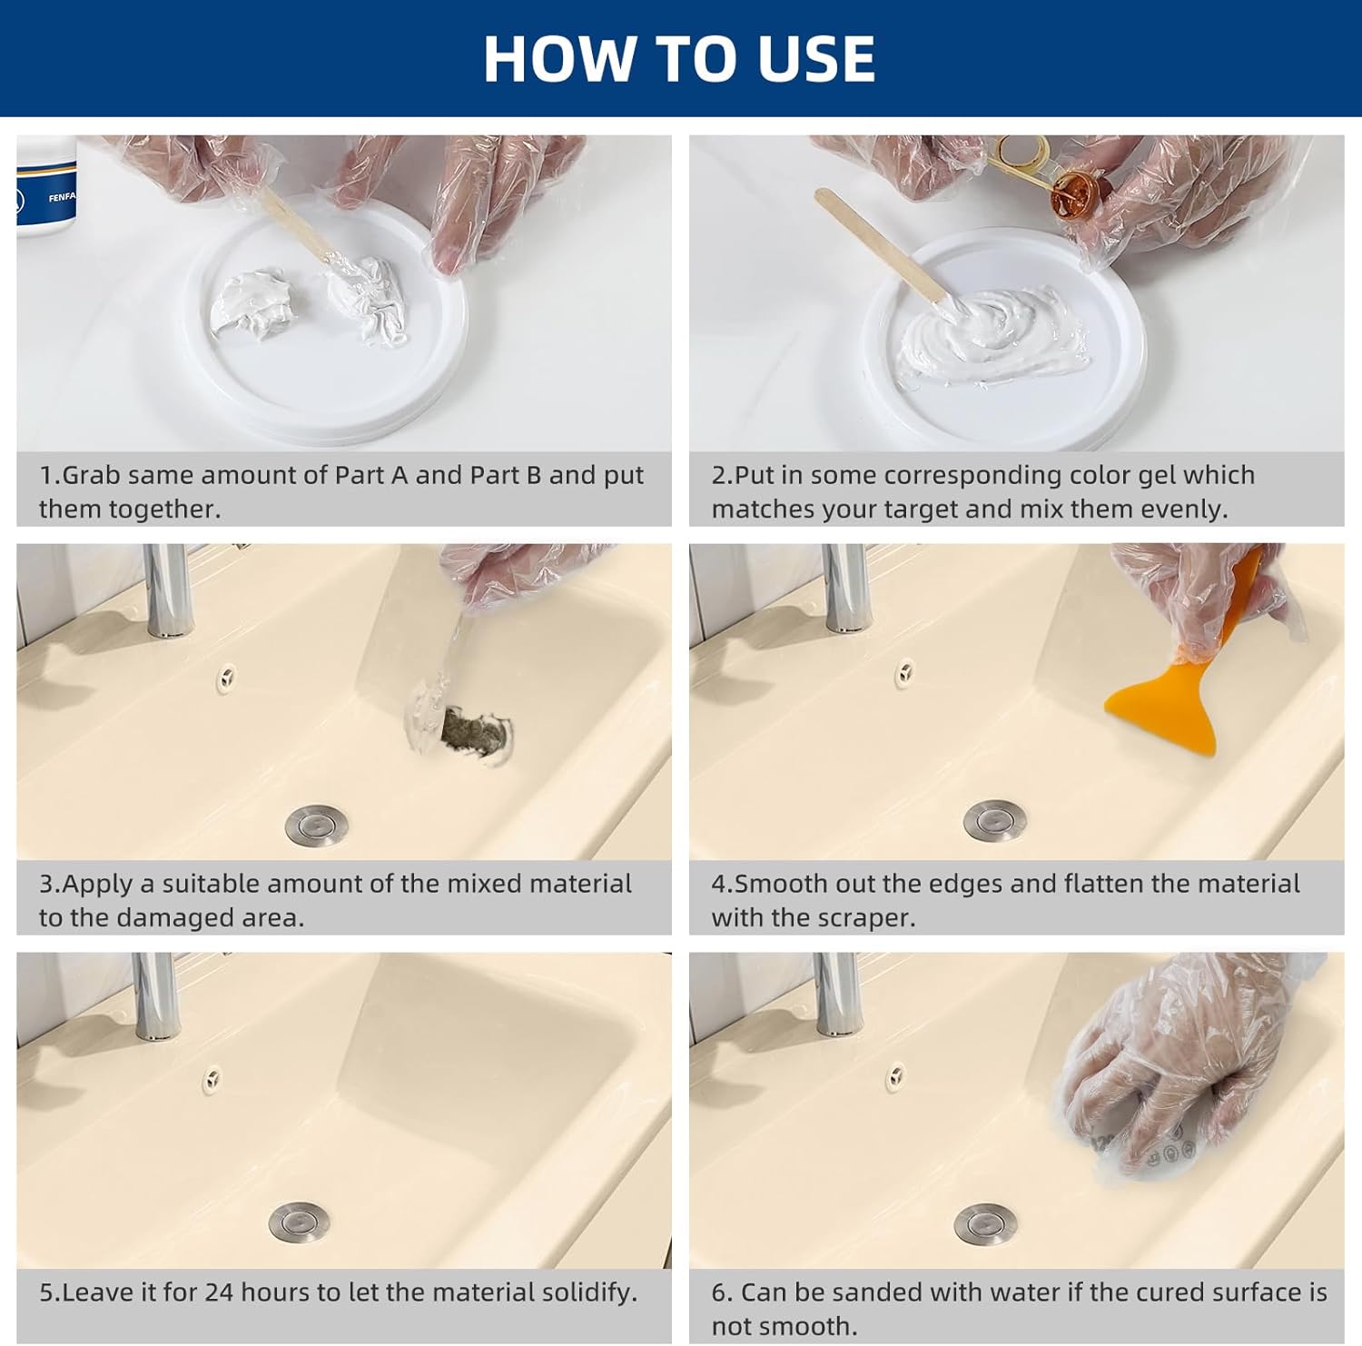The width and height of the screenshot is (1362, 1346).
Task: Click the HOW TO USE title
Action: [679, 59]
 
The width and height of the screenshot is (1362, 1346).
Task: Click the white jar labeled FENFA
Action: [45, 186]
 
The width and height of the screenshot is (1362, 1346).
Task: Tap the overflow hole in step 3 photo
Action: [227, 676]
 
